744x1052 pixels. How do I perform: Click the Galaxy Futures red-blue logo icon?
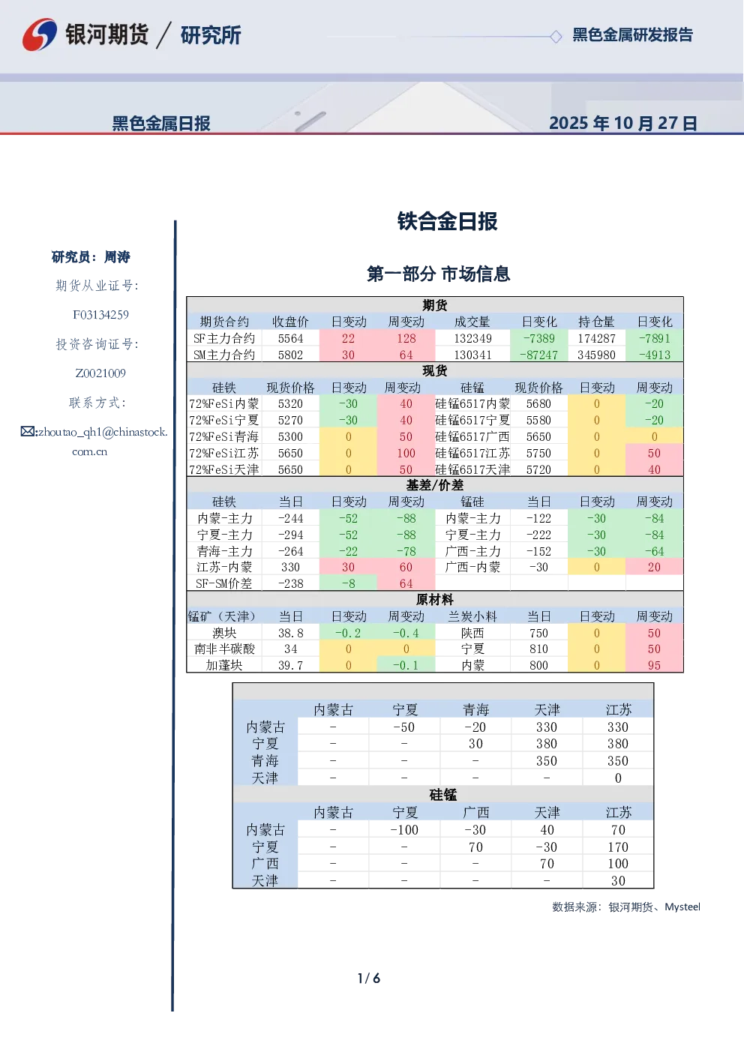(40, 34)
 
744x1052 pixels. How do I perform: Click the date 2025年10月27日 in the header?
(622, 123)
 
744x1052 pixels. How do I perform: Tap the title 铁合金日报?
(447, 221)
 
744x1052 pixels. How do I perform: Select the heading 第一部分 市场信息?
(438, 274)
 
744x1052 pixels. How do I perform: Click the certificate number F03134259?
(100, 315)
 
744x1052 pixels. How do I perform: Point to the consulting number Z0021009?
(100, 373)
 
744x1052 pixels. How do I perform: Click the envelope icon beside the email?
(28, 431)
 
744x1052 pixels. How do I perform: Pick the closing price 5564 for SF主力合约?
(290, 339)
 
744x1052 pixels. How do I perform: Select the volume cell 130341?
(472, 355)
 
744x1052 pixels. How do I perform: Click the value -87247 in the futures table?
(538, 355)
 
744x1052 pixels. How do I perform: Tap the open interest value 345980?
(596, 355)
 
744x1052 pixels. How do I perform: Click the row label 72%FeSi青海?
(224, 436)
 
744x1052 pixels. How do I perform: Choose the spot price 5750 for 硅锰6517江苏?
(538, 453)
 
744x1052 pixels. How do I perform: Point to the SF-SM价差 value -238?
(290, 584)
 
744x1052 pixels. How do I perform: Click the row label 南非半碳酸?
(224, 649)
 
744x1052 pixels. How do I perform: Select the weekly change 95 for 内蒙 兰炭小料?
(654, 666)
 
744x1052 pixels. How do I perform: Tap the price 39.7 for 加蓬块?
(290, 666)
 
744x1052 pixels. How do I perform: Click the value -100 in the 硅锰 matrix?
(404, 830)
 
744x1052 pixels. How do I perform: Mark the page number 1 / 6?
(369, 979)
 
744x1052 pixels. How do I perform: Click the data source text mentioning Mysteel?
(626, 907)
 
